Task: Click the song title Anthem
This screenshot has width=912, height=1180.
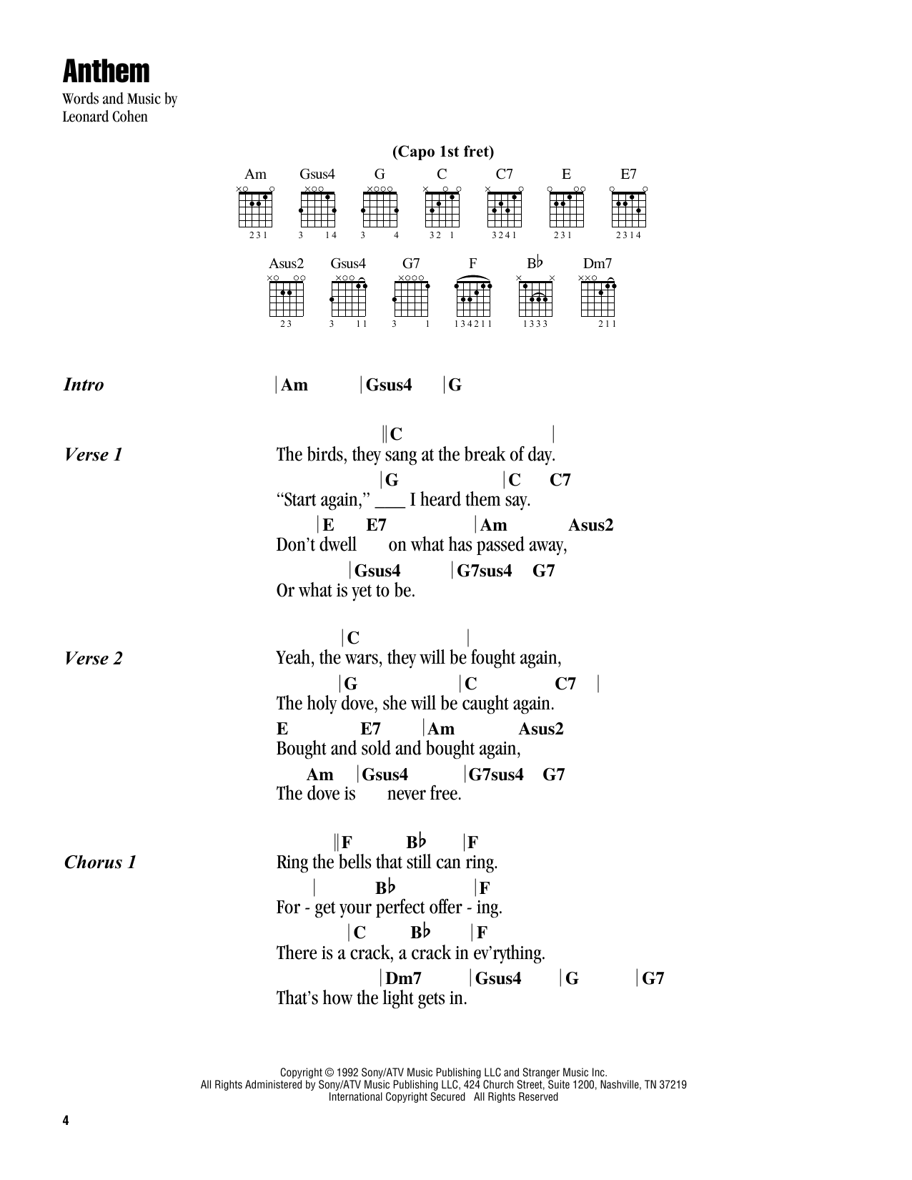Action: point(106,72)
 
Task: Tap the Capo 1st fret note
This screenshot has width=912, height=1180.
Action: point(442,152)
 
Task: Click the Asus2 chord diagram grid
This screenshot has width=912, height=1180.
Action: point(287,298)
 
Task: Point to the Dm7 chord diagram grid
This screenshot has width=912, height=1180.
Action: point(598,298)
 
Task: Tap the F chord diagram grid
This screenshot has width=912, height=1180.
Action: point(473,298)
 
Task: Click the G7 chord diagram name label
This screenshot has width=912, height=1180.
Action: point(411,264)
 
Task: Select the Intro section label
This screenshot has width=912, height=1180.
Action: point(84,385)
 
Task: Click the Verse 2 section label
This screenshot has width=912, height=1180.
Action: point(93,659)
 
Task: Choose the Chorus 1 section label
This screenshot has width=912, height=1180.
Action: point(100,862)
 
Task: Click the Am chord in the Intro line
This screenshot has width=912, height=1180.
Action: point(294,385)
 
